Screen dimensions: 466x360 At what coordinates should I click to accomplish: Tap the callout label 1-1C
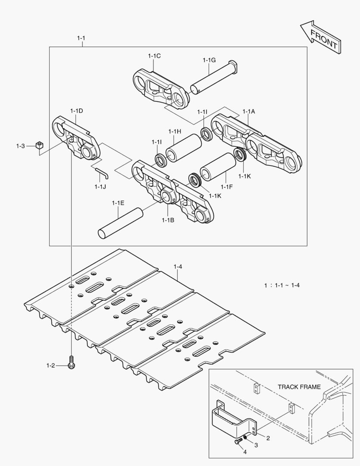(x=154, y=56)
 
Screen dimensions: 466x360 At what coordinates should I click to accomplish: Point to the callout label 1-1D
(x=76, y=111)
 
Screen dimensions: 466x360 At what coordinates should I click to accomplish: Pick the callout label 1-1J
(x=100, y=186)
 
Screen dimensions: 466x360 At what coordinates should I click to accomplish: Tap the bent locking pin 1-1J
(x=102, y=172)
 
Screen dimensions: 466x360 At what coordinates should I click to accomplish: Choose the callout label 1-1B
(x=168, y=220)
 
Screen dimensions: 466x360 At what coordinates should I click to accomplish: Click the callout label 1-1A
(x=249, y=111)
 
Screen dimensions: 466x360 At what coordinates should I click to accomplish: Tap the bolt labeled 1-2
(x=71, y=362)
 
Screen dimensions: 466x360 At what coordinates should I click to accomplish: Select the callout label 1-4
(x=178, y=267)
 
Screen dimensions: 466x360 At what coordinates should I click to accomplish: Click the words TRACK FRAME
(x=299, y=387)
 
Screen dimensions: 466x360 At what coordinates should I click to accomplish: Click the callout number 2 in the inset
(x=268, y=438)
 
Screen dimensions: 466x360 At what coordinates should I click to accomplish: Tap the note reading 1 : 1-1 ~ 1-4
(x=282, y=285)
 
